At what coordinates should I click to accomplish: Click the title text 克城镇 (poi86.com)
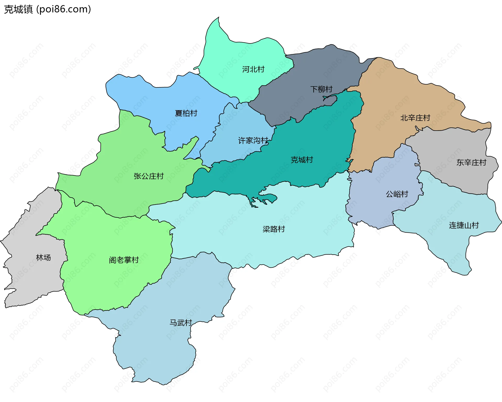47,9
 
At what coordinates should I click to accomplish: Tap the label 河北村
253,69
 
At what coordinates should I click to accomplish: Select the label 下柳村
321,89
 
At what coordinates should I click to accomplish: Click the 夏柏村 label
186,113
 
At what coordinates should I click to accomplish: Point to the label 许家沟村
253,141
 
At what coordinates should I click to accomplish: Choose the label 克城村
302,160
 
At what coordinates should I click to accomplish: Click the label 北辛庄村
415,118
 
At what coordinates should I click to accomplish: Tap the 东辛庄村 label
471,163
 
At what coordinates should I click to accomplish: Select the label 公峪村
397,194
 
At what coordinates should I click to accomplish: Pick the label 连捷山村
464,225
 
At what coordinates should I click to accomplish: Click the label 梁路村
273,229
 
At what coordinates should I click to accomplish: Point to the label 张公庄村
149,176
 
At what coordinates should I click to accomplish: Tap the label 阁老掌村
124,260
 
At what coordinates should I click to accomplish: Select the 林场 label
43,258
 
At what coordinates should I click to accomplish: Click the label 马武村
181,322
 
